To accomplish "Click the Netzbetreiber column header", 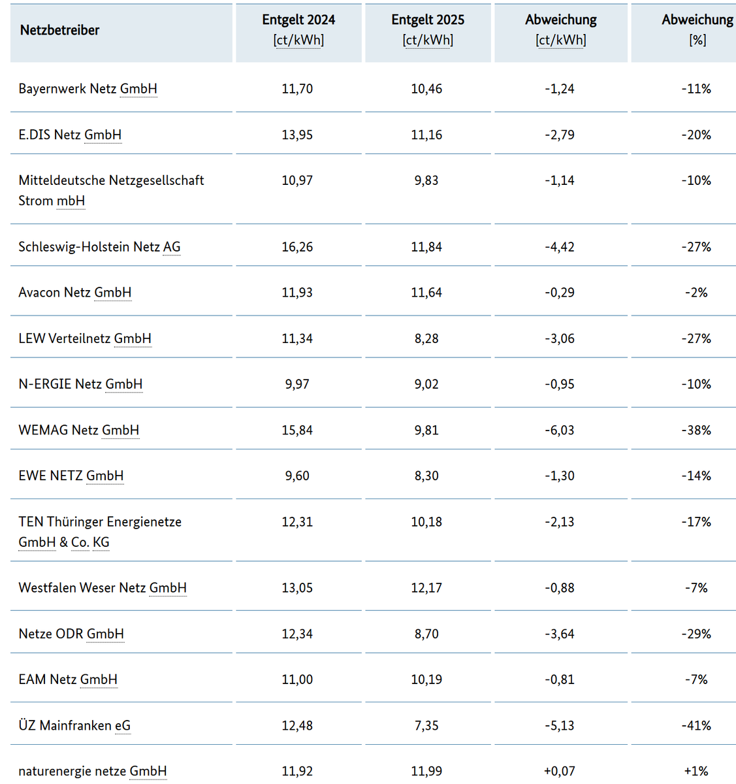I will [59, 30].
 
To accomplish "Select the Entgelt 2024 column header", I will [298, 30].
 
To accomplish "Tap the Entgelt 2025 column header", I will [428, 30].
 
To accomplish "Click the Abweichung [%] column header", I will [697, 30].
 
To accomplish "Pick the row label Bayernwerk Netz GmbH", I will [88, 89].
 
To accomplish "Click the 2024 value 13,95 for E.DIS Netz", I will [297, 135].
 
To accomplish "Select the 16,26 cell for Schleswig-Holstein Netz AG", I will [297, 247].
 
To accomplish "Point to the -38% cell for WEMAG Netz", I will [696, 431].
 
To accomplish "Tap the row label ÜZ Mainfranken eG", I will [74, 726].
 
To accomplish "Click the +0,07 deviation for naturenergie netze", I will [560, 772].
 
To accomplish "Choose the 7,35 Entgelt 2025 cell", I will [426, 726].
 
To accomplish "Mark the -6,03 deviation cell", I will [560, 431].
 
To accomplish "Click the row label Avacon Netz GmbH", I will [74, 293].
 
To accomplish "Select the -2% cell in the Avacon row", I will [696, 293].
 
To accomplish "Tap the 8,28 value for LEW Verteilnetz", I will [426, 339].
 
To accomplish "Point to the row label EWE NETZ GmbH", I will [71, 476].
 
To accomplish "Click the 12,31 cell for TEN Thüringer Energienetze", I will [297, 522].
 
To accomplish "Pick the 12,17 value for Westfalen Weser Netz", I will [426, 588].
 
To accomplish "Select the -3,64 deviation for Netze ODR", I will [560, 634].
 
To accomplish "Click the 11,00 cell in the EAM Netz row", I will [297, 680].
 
